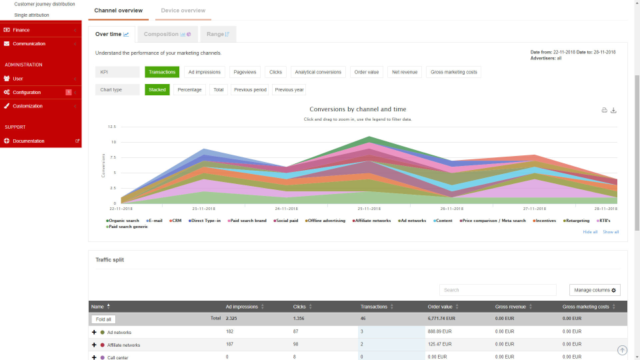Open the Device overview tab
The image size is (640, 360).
tap(183, 11)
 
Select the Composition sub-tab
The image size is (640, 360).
tap(167, 34)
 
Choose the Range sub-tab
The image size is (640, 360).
tap(218, 34)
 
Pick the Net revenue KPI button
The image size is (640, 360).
tap(405, 72)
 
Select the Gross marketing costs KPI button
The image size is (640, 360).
tap(453, 72)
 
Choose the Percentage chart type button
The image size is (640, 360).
tap(189, 89)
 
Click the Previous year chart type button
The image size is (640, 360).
tap(289, 89)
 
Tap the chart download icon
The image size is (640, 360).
tap(613, 111)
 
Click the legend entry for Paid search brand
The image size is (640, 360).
tap(249, 221)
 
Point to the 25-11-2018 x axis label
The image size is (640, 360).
tap(369, 209)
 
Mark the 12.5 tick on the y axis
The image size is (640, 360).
tap(111, 127)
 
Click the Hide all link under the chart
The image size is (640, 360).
tap(590, 232)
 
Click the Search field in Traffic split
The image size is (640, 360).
tap(497, 290)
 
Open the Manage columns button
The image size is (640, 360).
tap(595, 290)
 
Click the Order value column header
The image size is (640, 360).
tap(440, 307)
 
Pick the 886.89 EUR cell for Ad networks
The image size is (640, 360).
tap(440, 332)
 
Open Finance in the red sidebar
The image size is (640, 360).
tap(21, 30)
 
